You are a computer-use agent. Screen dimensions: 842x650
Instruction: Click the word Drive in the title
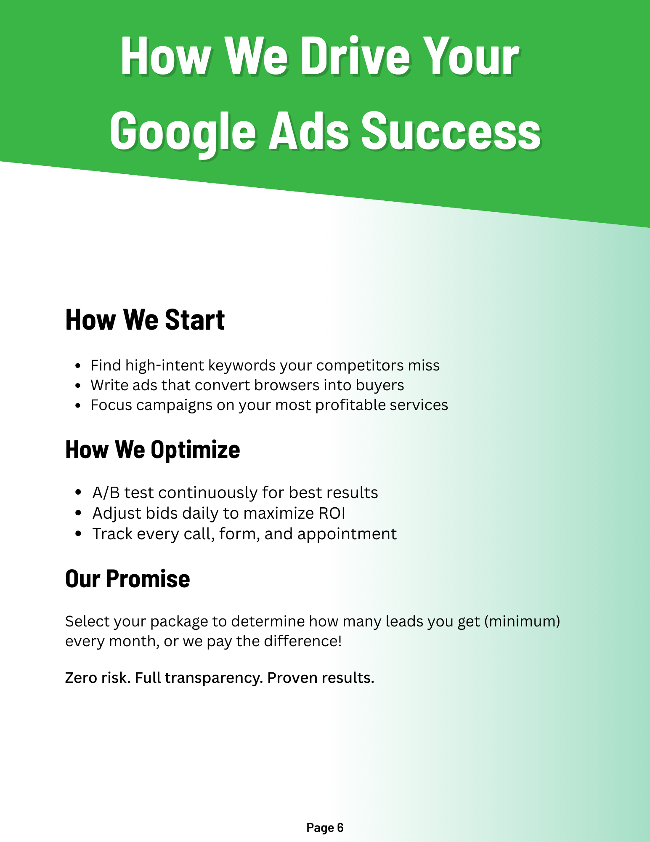(355, 57)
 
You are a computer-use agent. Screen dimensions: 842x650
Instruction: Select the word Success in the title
(451, 131)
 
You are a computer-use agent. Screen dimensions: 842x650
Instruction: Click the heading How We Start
(145, 320)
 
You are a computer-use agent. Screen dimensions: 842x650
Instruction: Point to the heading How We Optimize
(153, 450)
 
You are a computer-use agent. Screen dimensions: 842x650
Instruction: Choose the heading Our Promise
(127, 579)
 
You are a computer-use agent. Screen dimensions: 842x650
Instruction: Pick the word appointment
(347, 534)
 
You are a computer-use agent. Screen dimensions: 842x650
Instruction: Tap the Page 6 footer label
(325, 828)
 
